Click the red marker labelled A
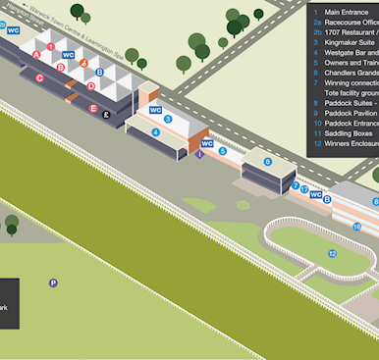[36, 54]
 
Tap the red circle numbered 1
[50, 46]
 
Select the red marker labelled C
[39, 77]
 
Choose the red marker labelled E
[93, 109]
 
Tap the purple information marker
[200, 154]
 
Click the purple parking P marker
[53, 283]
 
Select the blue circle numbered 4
[155, 131]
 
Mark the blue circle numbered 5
[223, 151]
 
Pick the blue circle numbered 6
[267, 162]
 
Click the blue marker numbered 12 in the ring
[332, 253]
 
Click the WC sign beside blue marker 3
[155, 110]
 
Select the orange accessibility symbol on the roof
[84, 62]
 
